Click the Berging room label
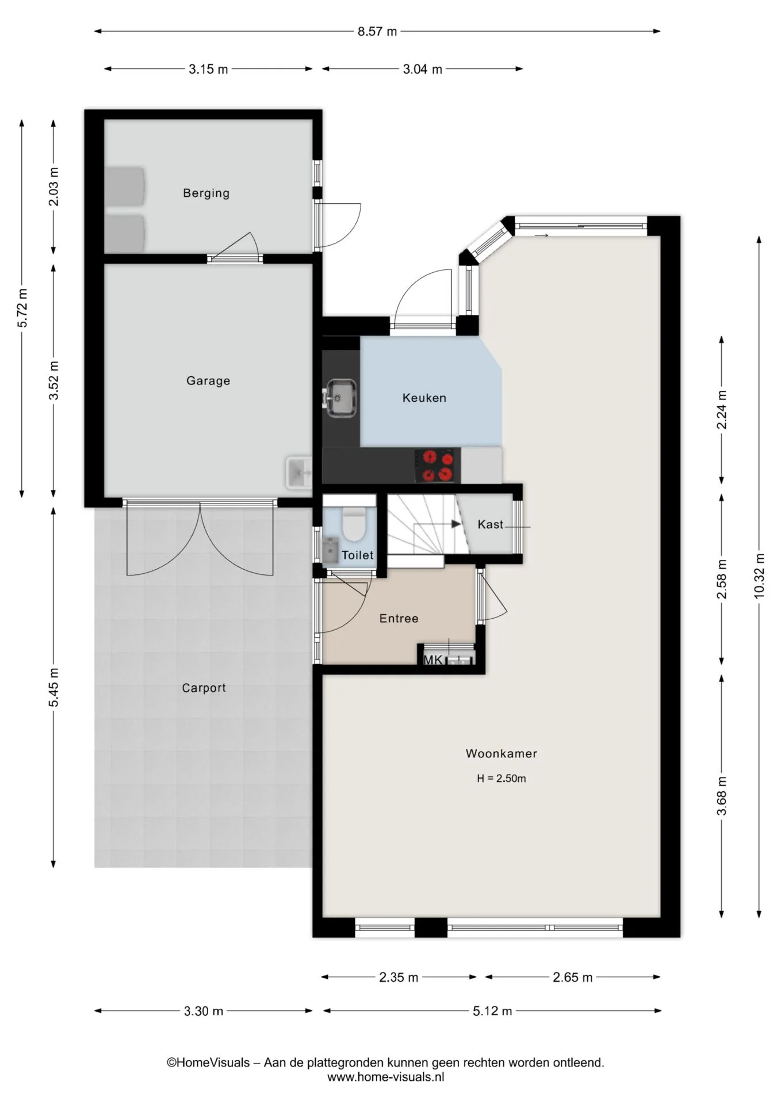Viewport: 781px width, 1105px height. [206, 193]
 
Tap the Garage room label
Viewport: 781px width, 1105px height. [208, 381]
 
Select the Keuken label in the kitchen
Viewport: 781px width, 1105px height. [424, 398]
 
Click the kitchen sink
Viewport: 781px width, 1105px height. [341, 398]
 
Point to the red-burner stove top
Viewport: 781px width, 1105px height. [438, 466]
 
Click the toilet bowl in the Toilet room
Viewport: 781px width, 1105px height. [354, 524]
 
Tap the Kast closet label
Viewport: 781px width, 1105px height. [490, 524]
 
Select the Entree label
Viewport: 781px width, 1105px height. [399, 619]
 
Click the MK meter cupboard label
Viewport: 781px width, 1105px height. [433, 660]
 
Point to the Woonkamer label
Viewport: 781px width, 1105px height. [501, 753]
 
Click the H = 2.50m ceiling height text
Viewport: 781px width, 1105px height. [501, 779]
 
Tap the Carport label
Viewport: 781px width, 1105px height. [204, 688]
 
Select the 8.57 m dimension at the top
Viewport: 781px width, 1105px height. [377, 32]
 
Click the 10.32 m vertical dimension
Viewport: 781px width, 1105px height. [760, 576]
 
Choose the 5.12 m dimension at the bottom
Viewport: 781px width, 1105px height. [492, 1011]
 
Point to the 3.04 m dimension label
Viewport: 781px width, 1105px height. [422, 70]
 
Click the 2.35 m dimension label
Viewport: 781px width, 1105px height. [399, 977]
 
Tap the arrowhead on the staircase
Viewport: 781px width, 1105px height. [456, 524]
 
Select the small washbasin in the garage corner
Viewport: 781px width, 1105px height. [298, 473]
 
